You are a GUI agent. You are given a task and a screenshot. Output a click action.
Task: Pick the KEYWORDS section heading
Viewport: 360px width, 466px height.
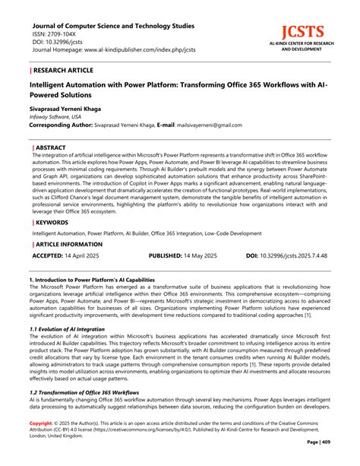point(53,222)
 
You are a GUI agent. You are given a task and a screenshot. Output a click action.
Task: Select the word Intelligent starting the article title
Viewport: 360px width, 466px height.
point(53,85)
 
